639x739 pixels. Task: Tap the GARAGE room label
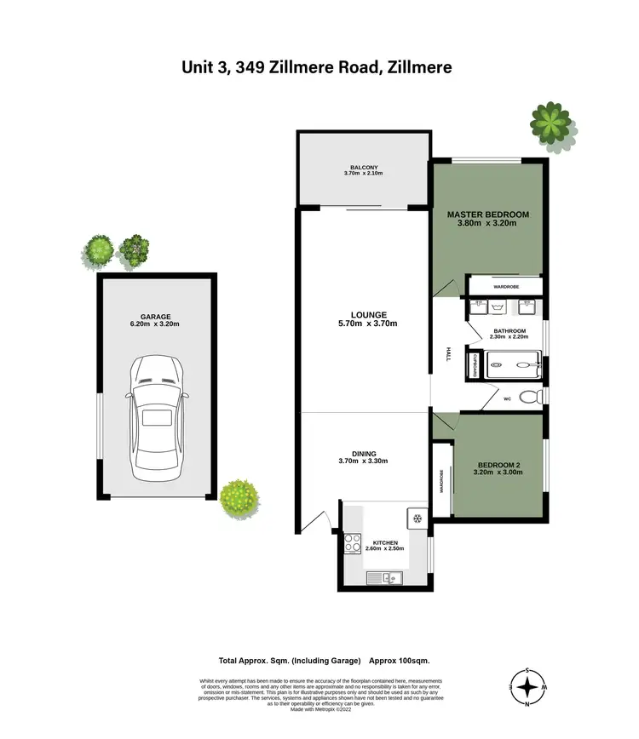tap(154, 318)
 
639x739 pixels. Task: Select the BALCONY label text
tap(363, 168)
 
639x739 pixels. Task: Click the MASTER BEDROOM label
tap(488, 215)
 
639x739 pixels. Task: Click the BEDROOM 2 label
tap(499, 465)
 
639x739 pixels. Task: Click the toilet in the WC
tap(530, 396)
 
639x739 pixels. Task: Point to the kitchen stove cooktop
tap(354, 542)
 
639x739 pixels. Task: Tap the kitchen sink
tap(386, 578)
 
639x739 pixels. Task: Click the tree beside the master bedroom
tap(550, 126)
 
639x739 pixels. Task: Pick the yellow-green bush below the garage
tap(239, 497)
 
